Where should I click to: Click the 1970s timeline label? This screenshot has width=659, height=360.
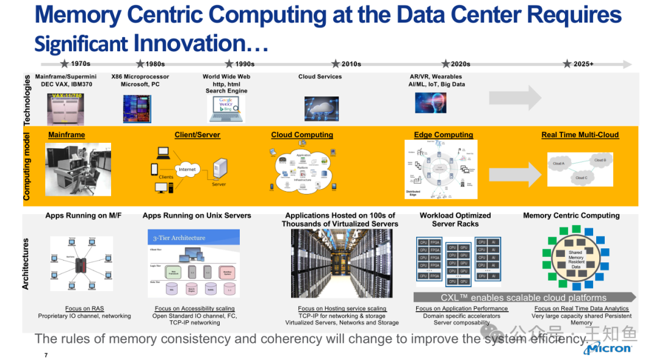81,63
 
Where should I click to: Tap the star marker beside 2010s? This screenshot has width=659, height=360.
336,63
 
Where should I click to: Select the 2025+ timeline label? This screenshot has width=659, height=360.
583,63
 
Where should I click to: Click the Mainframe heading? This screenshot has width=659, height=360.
67,135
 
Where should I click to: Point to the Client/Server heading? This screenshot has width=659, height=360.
197,135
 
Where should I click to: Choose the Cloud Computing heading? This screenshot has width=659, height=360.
302,135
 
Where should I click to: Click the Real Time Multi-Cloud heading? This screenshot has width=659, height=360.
580,135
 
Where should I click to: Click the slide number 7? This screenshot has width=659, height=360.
46,355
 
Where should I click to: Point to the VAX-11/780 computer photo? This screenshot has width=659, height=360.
66,109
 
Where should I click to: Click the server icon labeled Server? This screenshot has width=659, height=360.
219,169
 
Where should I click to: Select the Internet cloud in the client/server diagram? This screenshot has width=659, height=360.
187,169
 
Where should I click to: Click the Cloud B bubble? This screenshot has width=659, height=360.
600,160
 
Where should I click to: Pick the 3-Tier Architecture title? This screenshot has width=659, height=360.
179,238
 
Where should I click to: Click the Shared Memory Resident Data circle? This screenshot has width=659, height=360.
576,259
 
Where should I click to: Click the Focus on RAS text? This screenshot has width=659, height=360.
85,309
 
